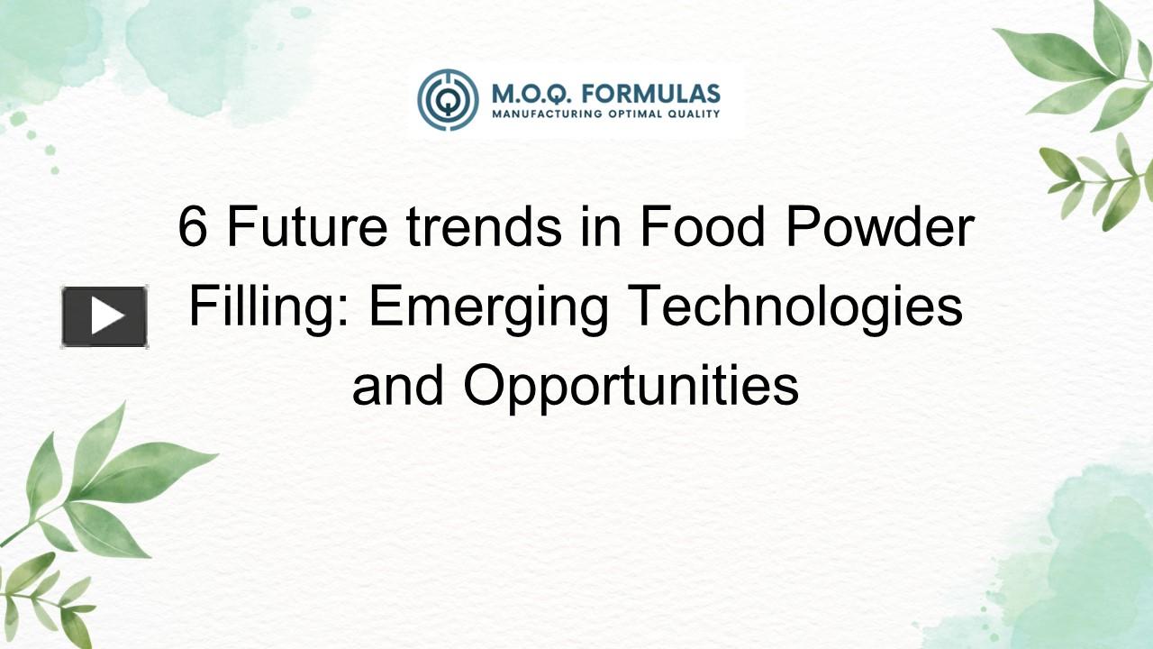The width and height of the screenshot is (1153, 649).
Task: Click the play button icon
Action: point(104,316)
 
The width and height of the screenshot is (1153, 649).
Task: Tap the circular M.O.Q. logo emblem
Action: point(448,99)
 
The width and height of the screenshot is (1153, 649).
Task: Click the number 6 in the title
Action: point(192,226)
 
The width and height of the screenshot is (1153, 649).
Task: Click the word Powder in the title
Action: point(880,226)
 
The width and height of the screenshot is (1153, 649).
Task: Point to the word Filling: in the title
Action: point(271,307)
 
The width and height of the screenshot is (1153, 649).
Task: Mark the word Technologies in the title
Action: point(795,307)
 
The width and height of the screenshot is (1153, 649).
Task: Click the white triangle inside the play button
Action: point(107,316)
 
